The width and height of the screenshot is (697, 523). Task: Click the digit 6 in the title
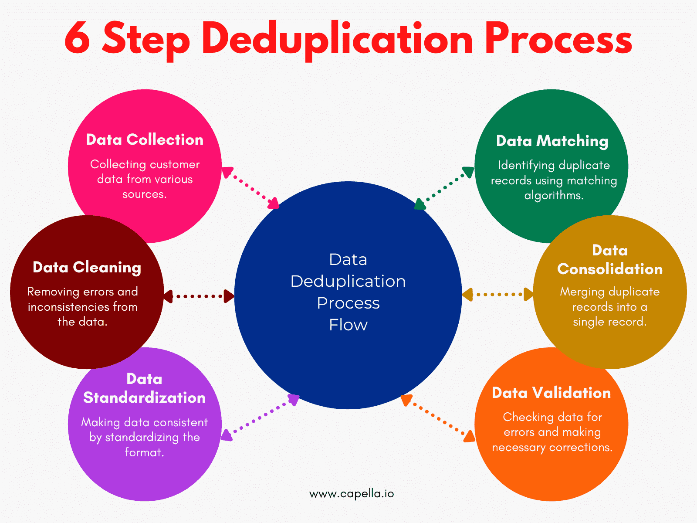pos(77,37)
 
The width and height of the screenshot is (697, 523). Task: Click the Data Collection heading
pos(145,139)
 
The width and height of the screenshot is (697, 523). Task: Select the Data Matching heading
pos(552,141)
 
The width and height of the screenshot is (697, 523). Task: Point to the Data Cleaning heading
pos(87,267)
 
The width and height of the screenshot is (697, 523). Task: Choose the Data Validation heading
pos(552,393)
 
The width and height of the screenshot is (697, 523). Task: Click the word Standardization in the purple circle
pos(145,397)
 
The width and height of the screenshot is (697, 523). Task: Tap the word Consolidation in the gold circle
pos(610,269)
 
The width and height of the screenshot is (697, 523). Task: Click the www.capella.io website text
pos(352,494)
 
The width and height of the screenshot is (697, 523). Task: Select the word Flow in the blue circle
pos(348,325)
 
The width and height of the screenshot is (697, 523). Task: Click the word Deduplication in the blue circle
pos(348,282)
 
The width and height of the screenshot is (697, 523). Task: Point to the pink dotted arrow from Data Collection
pos(250,188)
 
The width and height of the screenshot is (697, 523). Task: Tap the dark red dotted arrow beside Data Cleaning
pos(199,296)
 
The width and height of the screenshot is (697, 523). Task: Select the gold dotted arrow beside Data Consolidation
pos(498,294)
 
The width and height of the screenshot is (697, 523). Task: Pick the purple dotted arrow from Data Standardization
pos(260,418)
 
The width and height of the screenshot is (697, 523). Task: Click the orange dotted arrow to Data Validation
pos(438,418)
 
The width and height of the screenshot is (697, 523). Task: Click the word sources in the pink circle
pos(145,194)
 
